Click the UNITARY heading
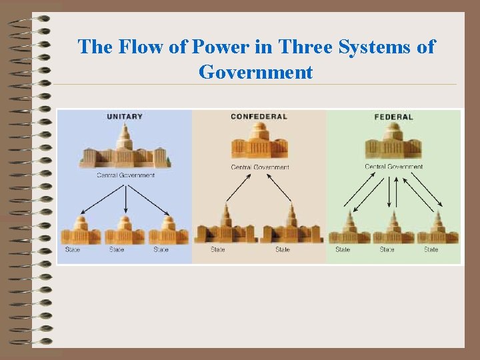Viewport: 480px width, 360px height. (125, 117)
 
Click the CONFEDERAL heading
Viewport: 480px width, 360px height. (259, 117)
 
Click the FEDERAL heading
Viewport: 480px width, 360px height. (393, 117)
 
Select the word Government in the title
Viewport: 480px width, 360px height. (255, 71)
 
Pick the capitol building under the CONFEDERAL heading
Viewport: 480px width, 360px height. (259, 141)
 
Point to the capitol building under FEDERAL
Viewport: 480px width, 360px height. (393, 141)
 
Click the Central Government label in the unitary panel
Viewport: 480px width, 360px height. (125, 175)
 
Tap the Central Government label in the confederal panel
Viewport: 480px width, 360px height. (260, 167)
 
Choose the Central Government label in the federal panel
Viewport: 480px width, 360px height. (393, 167)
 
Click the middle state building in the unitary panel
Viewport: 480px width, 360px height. (125, 230)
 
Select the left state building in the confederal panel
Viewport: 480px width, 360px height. (226, 227)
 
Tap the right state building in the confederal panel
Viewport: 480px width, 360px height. (293, 227)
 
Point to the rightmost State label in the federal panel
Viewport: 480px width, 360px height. (431, 249)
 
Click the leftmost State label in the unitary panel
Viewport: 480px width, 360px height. (73, 249)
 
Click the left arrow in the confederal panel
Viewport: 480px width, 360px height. (238, 187)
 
